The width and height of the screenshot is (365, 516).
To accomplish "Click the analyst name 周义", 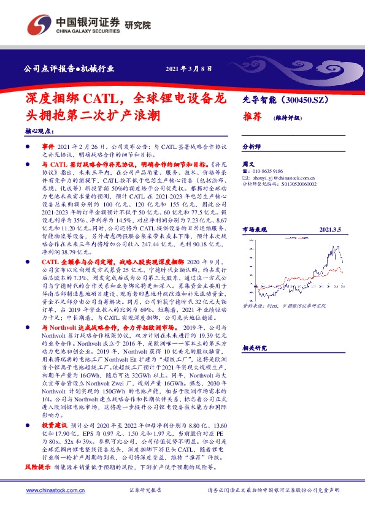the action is [x=248, y=164].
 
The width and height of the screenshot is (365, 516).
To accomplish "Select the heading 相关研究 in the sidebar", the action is [x=255, y=347].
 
